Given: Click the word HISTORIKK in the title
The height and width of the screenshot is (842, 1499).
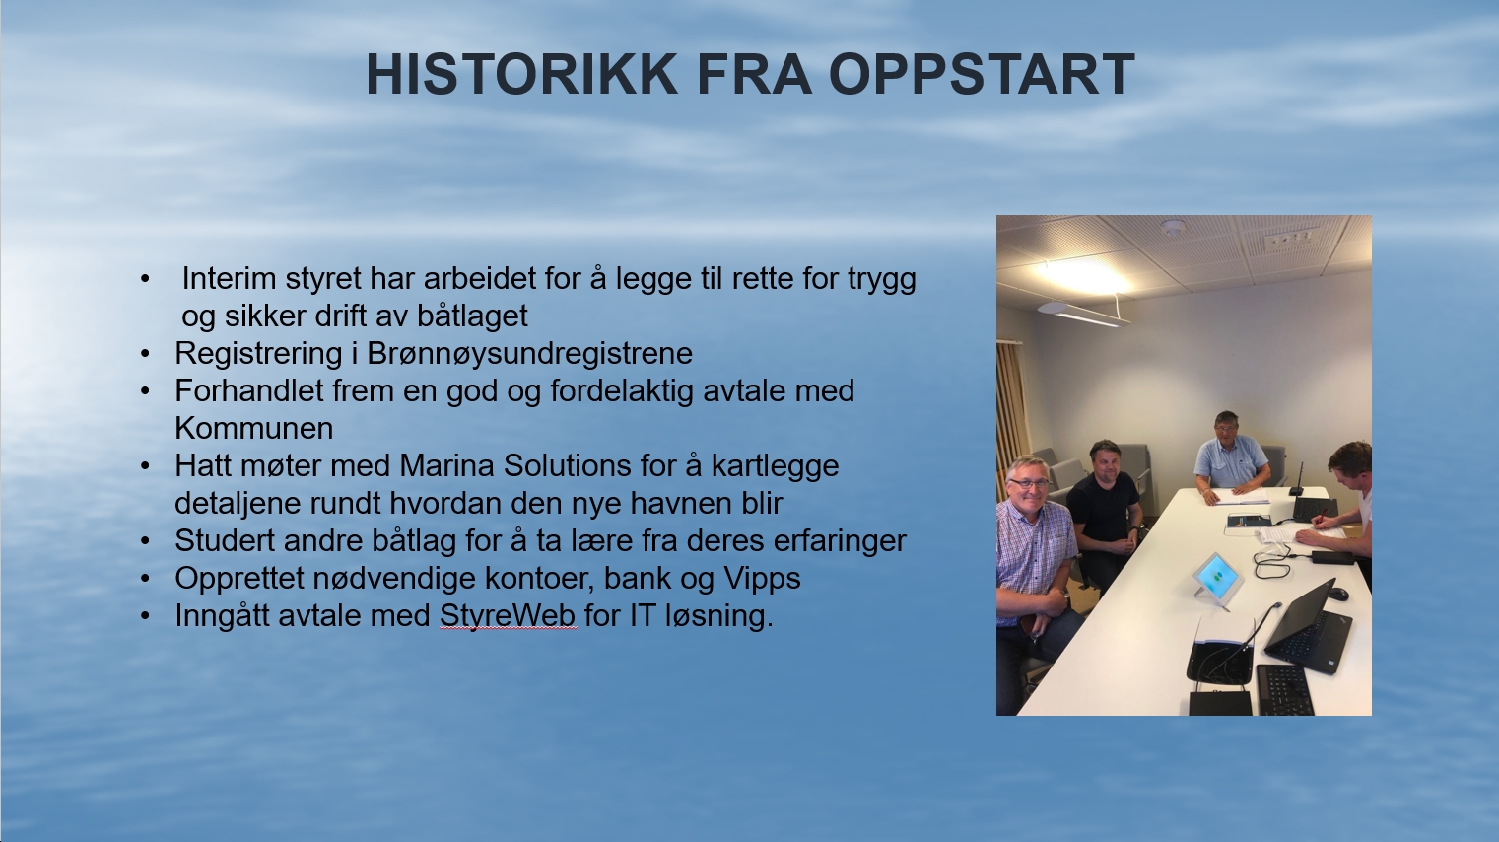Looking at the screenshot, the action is pos(521,74).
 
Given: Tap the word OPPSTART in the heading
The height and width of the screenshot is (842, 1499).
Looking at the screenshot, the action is pos(982,74).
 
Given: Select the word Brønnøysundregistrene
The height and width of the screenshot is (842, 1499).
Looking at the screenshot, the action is pos(530,354).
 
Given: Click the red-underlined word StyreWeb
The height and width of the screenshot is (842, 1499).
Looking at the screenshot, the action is pos(508,616).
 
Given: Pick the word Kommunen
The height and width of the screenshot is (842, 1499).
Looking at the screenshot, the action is pos(253,428).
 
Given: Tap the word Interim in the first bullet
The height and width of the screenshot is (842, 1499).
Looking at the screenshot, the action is pos(229,278).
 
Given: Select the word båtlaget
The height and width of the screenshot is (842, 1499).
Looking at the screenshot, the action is pos(472,316).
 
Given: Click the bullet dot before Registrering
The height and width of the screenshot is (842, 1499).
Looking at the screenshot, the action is pos(145,354).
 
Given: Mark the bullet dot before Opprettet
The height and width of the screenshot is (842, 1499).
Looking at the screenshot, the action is pos(145,579).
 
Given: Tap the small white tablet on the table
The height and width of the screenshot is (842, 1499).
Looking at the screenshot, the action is pos(1217,579).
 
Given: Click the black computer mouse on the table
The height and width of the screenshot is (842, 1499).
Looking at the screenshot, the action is pos(1337,594).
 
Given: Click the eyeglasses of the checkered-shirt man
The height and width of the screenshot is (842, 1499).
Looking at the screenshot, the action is pos(1029,482).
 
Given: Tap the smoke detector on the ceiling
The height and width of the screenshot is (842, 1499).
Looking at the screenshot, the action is pos(1172,228).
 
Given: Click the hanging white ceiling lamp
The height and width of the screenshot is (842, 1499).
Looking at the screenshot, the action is pos(1080,314).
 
